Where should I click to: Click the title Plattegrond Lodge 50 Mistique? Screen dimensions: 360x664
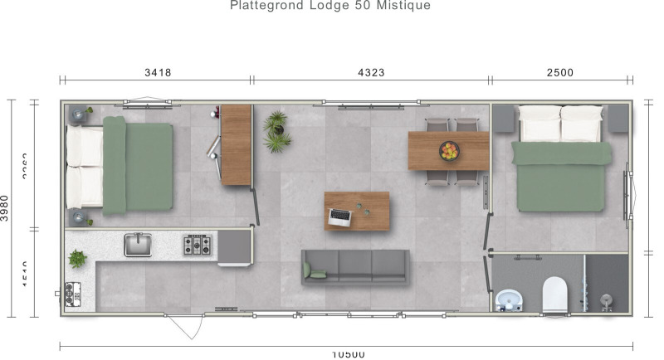coord(330,6)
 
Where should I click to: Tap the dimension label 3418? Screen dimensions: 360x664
coord(158,72)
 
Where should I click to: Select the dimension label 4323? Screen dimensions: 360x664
coord(370,72)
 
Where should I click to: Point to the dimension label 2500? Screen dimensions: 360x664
coord(559,72)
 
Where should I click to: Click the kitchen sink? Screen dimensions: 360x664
coord(138,245)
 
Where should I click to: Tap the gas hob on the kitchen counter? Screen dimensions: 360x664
coord(198,245)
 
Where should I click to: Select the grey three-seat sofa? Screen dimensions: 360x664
coord(355,267)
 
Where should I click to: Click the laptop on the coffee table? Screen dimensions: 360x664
coord(339,216)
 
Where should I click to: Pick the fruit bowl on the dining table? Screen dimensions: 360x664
coord(449,151)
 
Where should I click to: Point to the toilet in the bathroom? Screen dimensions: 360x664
coord(554,293)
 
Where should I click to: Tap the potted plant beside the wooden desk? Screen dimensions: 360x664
coord(276,133)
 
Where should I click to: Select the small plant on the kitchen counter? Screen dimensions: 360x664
coord(77,259)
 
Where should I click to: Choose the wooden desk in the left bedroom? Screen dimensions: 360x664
coord(236,144)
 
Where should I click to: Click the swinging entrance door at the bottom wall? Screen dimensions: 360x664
coord(183,326)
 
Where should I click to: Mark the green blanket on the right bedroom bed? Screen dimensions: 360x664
coord(564,175)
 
